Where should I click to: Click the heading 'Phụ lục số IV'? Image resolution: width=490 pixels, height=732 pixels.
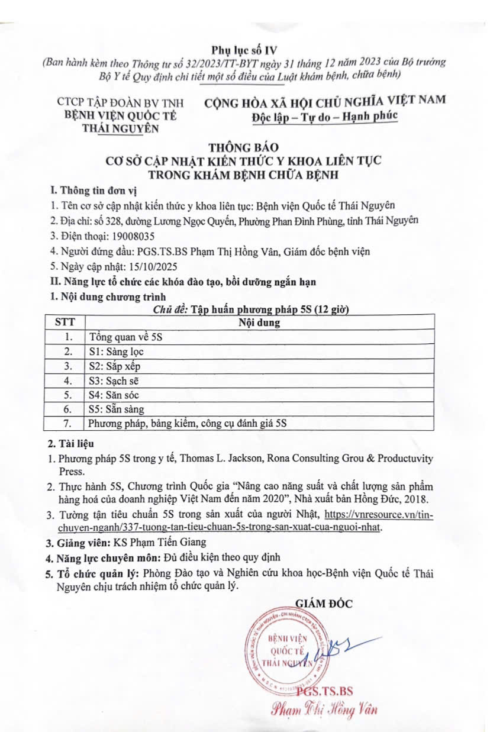[244, 49]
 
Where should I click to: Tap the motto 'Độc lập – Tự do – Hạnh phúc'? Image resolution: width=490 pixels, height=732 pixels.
[324, 116]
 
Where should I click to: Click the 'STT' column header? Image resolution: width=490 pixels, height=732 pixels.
[66, 323]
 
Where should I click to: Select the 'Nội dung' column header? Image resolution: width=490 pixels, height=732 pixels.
[259, 323]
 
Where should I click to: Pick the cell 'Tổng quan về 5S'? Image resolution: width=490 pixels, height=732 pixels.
[125, 337]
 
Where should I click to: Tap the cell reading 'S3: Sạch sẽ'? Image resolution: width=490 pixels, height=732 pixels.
[114, 380]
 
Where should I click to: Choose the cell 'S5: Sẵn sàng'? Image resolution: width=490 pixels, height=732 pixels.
[116, 409]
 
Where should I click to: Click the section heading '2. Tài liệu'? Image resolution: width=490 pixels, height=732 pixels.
[70, 443]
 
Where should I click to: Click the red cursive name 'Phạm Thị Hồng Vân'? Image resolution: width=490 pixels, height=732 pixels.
[324, 708]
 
